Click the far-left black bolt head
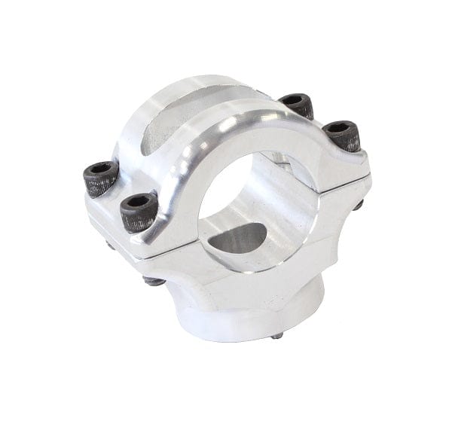coord(100,178)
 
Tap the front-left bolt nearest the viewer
coord(139,210)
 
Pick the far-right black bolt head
coord(341,136)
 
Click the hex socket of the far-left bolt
coord(99,169)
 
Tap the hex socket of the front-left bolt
coord(139,201)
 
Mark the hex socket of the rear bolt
coord(296,99)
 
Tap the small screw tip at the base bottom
coord(278,335)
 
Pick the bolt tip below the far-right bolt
coord(359,203)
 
